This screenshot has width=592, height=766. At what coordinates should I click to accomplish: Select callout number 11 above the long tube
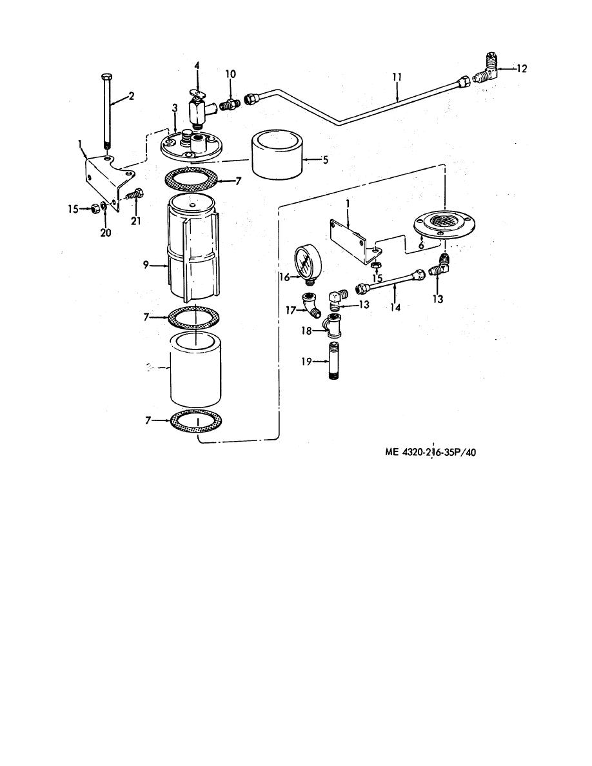[397, 77]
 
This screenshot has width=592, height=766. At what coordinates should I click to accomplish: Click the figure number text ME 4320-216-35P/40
[430, 452]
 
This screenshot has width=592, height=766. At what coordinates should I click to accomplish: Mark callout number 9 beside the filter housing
[146, 265]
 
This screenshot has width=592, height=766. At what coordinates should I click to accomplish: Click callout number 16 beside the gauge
[285, 277]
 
